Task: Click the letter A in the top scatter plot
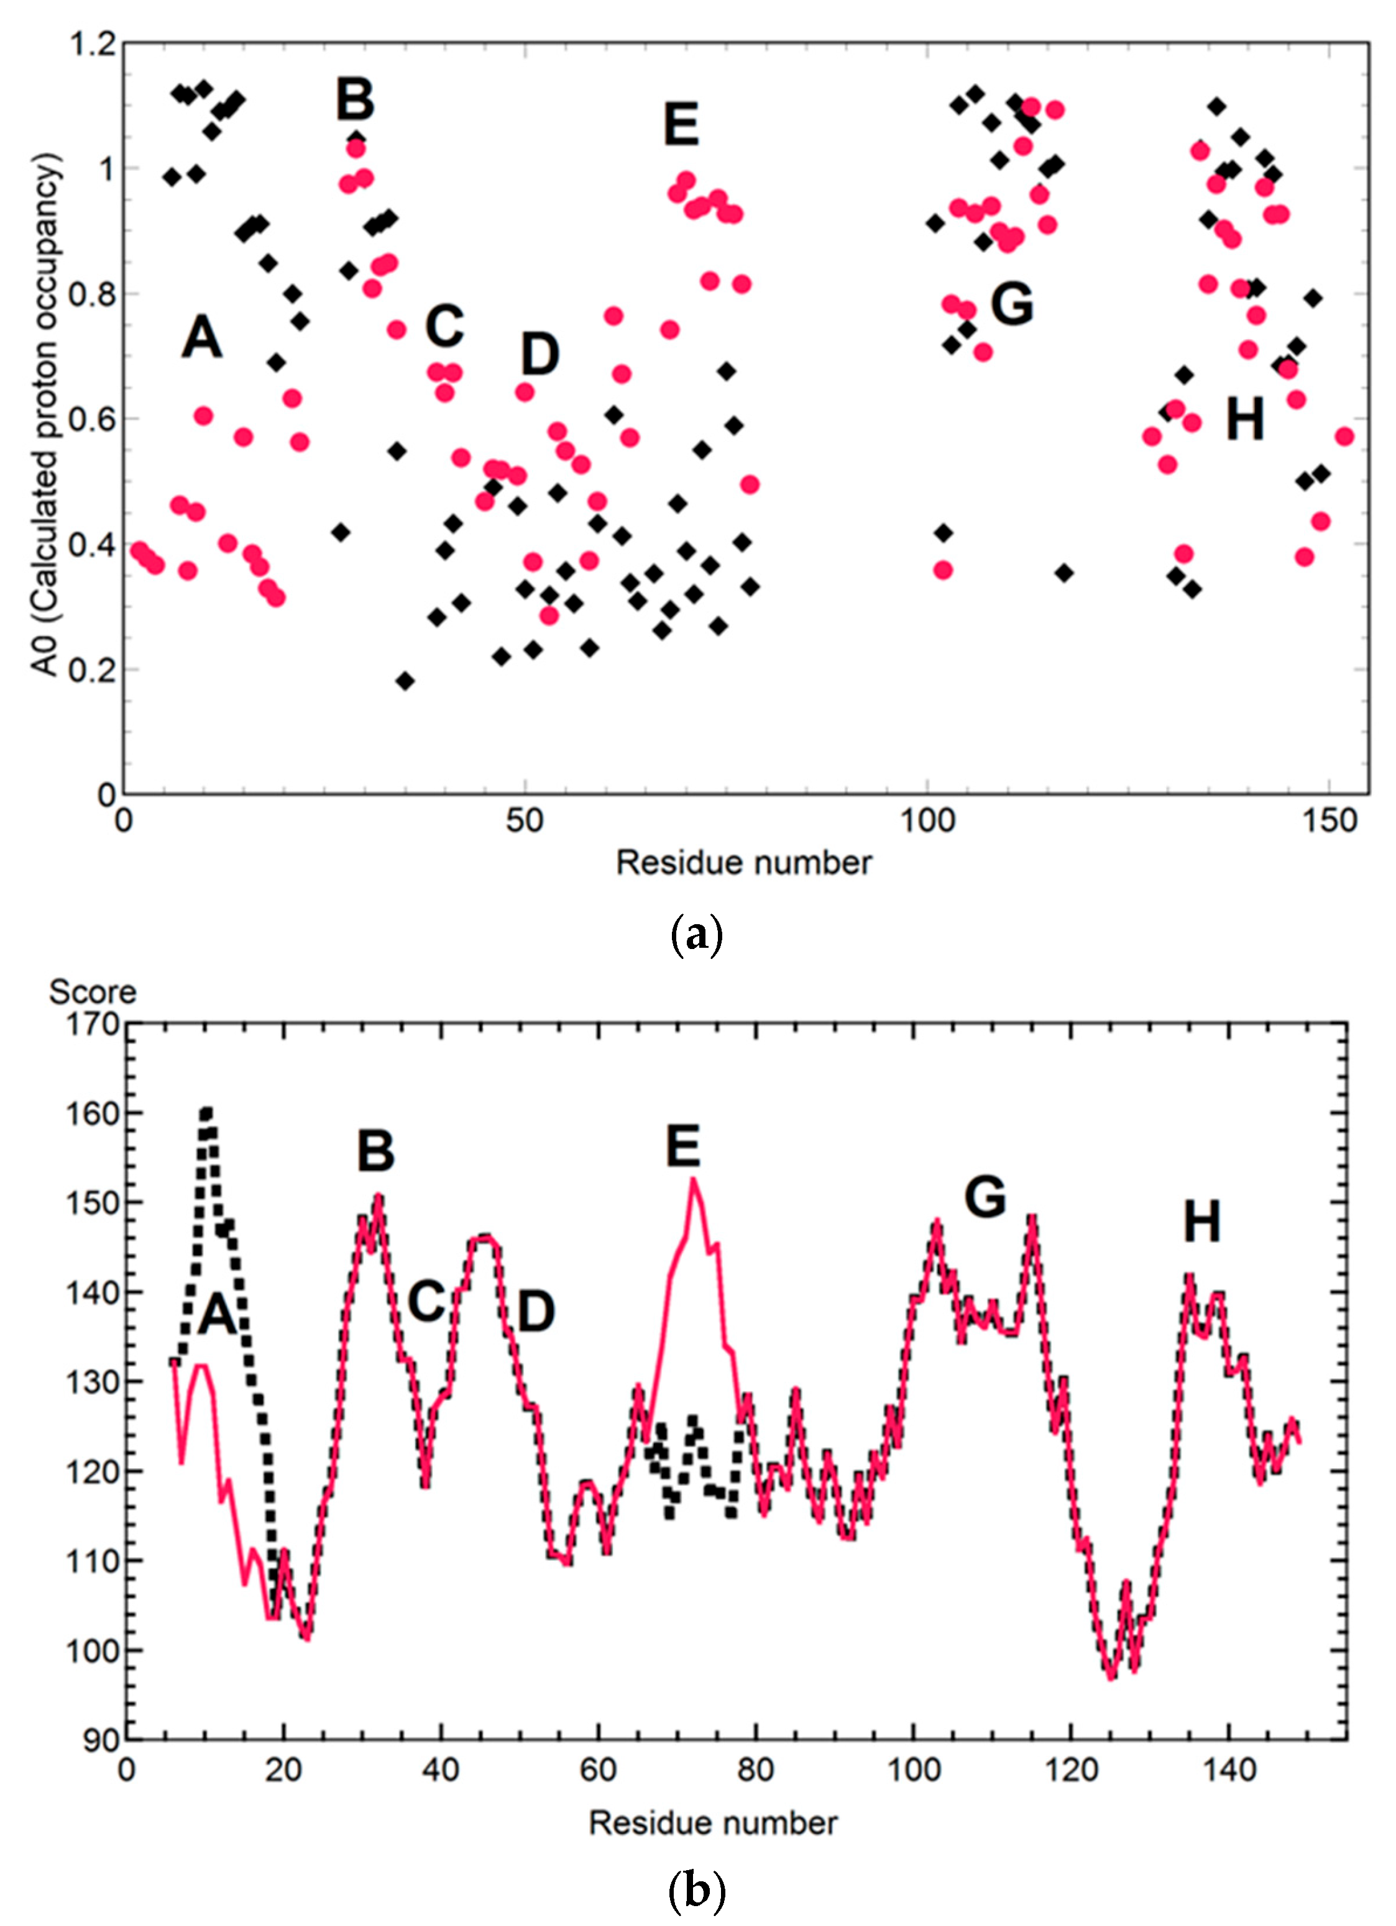(201, 337)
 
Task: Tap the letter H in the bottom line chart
(1201, 1223)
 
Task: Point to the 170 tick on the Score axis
(93, 1024)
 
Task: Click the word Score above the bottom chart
(92, 991)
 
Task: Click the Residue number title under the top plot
(743, 863)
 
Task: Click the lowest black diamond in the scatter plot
(405, 681)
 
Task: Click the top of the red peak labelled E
(693, 1179)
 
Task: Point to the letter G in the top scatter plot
(1012, 304)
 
